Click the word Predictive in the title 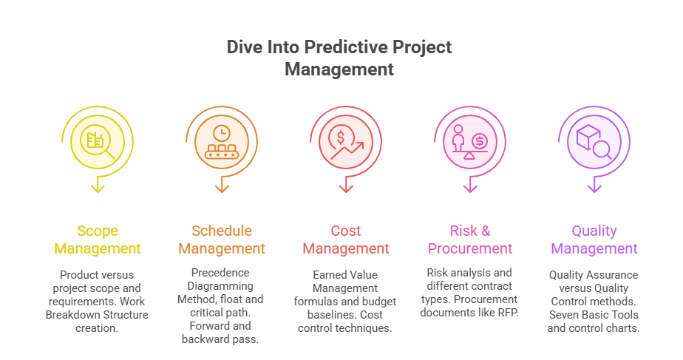[336, 48]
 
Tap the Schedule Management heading [222, 240]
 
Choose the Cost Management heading [346, 240]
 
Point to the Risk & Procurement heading [470, 240]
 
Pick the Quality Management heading [594, 240]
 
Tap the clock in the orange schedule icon [222, 132]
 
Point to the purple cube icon [588, 137]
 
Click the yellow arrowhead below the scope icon [98, 188]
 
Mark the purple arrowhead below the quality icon [594, 188]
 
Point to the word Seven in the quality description [563, 315]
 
